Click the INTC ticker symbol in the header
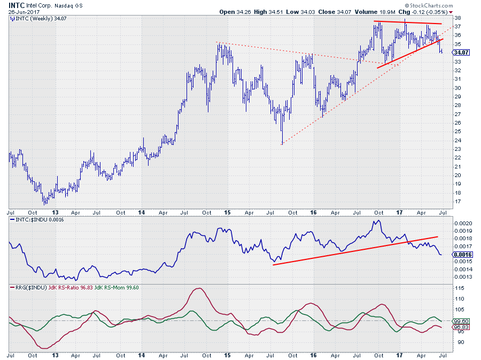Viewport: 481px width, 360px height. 17,4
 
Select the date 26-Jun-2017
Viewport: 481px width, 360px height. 25,11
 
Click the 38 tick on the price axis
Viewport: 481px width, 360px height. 459,18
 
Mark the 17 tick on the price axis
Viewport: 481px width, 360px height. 459,202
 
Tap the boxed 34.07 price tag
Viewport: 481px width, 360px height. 461,52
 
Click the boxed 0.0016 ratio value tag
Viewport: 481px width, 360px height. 463,255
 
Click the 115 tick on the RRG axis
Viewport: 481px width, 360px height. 460,288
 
